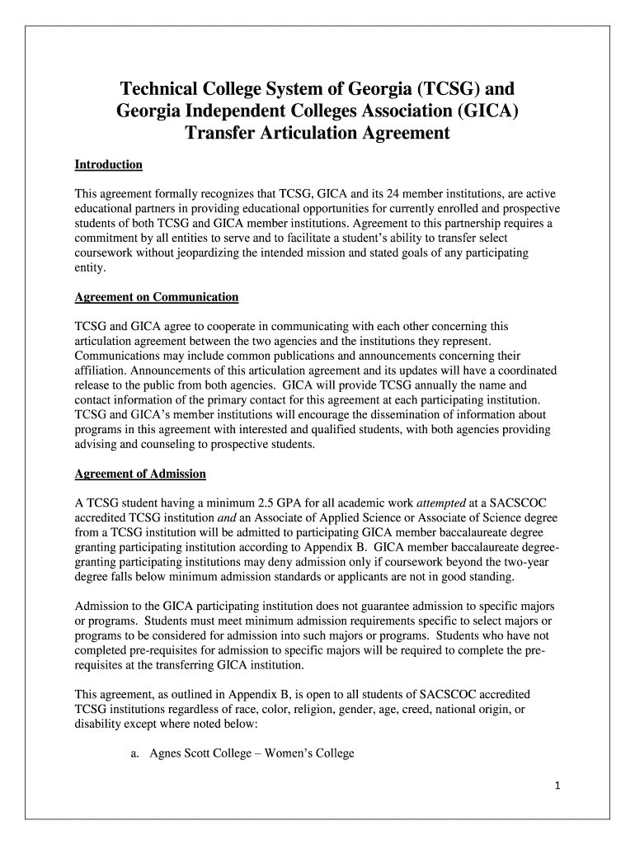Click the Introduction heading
[109, 165]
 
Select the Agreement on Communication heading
[157, 296]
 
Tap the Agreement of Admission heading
[140, 474]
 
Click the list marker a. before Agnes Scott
[134, 753]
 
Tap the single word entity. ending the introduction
[91, 267]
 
